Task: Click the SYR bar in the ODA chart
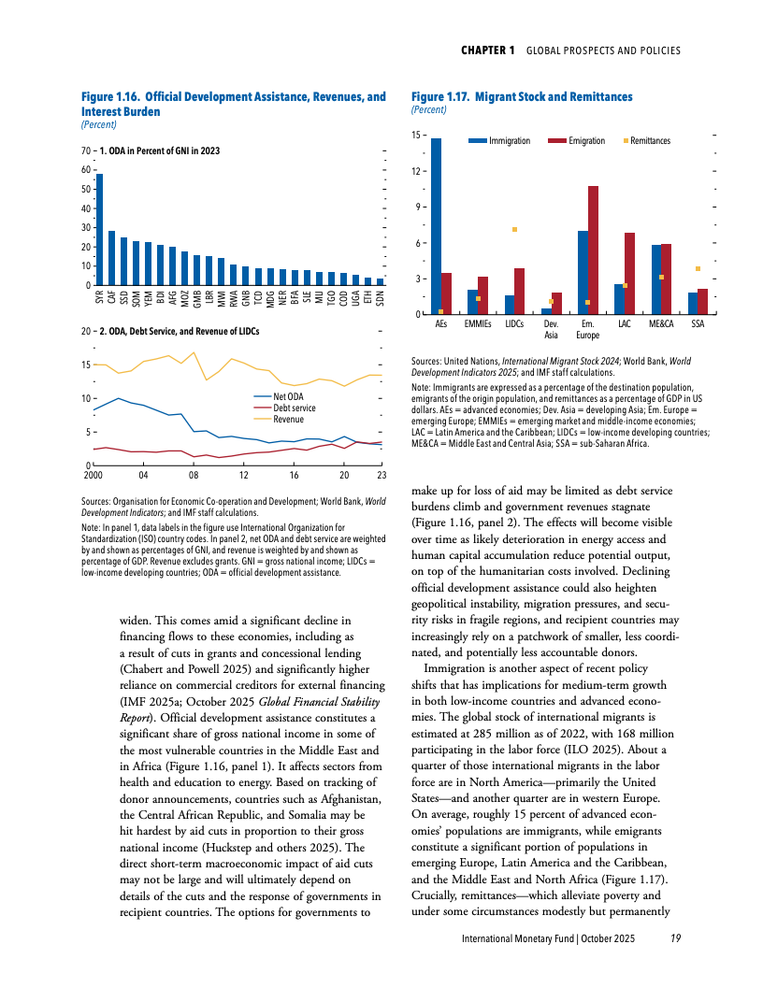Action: tap(100, 230)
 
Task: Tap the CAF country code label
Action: tap(112, 299)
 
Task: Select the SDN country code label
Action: tap(380, 299)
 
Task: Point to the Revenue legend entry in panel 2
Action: tap(288, 420)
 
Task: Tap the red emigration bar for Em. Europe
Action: tap(593, 250)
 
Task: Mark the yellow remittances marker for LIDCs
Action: tap(514, 229)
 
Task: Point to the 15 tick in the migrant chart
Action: tap(416, 136)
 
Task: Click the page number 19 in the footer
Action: tap(675, 937)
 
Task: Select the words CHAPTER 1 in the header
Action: tap(487, 50)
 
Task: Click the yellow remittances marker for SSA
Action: tap(698, 269)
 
